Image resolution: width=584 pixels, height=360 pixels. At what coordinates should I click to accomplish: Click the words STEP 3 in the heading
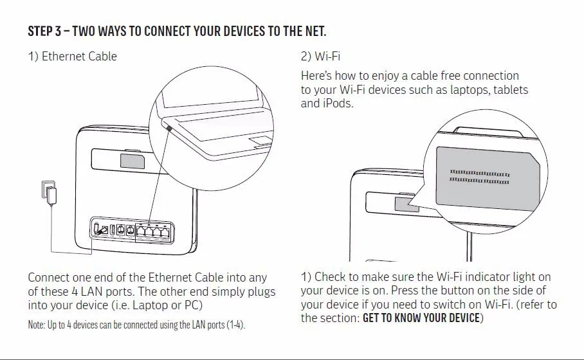click(44, 32)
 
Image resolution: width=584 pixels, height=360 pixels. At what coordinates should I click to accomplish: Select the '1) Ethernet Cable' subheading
click(72, 57)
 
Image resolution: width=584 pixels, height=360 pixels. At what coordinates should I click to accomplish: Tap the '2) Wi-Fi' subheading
click(320, 57)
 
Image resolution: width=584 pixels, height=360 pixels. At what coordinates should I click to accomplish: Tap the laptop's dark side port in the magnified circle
click(169, 128)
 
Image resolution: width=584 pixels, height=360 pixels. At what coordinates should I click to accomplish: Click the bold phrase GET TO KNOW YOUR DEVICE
click(421, 318)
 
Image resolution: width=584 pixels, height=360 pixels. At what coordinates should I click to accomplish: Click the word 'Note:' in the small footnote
click(36, 325)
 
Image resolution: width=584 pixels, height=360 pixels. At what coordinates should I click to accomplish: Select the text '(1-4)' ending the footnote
click(235, 325)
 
